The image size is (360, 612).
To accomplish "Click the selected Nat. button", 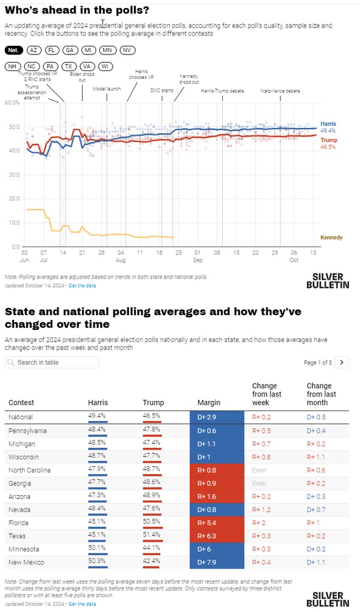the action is click(13, 50).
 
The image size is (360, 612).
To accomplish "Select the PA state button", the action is click(50, 66).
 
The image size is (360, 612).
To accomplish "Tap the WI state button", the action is click(105, 66).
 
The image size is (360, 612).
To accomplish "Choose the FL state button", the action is click(51, 50).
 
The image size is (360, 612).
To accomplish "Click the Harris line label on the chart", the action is click(328, 124).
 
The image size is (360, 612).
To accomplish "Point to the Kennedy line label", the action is click(331, 237).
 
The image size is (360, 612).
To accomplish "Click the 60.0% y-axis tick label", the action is click(12, 103).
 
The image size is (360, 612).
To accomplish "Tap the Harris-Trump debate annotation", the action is click(223, 91).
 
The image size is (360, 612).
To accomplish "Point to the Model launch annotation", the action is click(107, 89).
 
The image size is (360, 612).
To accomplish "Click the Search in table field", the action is click(52, 362).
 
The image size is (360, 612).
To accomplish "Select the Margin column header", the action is click(209, 403).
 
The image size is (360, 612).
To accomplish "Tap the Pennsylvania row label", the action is click(28, 430).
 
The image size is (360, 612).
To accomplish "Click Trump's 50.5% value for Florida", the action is click(151, 523).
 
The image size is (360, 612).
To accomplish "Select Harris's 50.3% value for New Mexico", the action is click(97, 562).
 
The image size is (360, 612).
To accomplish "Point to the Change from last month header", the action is click(321, 394).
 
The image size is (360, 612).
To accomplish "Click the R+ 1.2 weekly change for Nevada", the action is click(261, 510).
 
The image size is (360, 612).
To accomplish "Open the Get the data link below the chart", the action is click(82, 285).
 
